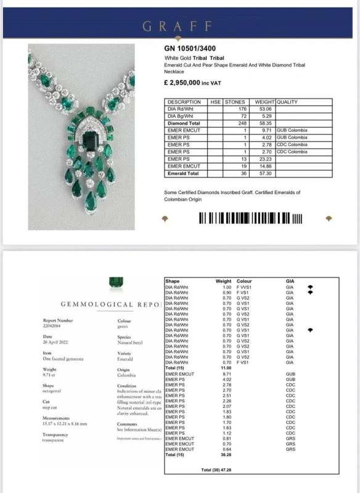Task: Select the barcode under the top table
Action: tap(250, 218)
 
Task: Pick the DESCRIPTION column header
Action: tap(184, 102)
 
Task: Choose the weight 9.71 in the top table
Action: tap(268, 130)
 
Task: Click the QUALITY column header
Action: tap(287, 102)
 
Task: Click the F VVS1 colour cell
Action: tap(246, 287)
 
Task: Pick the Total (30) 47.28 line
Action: tap(225, 470)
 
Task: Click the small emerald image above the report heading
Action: tap(114, 283)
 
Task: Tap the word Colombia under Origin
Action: tap(126, 375)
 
